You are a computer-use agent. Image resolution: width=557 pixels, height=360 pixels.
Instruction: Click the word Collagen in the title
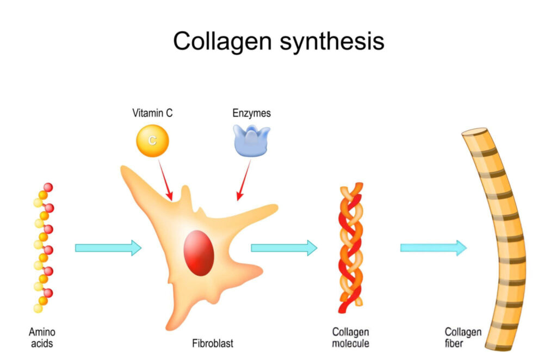coord(222,41)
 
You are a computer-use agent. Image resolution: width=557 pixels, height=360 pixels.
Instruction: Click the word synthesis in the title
coord(332,41)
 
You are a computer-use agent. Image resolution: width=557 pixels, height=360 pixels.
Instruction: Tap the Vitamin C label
coord(152,113)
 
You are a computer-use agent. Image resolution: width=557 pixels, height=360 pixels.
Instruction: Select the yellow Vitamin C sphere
coord(152,141)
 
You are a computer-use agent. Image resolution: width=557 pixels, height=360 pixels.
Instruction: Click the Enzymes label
coord(251,113)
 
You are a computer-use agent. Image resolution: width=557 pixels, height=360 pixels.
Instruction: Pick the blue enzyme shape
coord(251,141)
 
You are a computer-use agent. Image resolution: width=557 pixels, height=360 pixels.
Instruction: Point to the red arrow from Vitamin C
coord(165,180)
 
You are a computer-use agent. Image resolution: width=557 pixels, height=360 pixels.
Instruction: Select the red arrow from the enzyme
coord(244,180)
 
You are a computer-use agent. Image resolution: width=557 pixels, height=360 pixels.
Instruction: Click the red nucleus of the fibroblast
coord(199,253)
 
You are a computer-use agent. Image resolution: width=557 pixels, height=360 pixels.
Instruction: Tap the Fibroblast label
coord(213,343)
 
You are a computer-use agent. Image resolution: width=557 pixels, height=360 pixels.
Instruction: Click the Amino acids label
coord(42,338)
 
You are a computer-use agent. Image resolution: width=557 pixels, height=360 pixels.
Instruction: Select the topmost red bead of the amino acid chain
coord(48,187)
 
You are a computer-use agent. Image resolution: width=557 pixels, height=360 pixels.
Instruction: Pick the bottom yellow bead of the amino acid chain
coord(38,308)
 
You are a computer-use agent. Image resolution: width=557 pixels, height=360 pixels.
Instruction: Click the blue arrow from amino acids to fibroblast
coord(108,248)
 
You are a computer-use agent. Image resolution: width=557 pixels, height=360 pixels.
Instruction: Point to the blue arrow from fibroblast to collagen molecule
coord(284,248)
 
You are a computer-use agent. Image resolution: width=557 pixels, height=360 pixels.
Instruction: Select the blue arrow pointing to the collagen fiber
coord(434,248)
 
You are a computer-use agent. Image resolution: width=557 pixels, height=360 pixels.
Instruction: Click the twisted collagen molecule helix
coord(351,248)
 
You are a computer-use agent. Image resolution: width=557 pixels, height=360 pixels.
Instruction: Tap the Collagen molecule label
coord(351,338)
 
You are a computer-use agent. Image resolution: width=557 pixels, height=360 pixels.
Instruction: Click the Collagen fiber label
coord(463,338)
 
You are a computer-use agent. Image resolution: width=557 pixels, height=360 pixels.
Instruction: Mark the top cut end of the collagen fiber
coord(474,132)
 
